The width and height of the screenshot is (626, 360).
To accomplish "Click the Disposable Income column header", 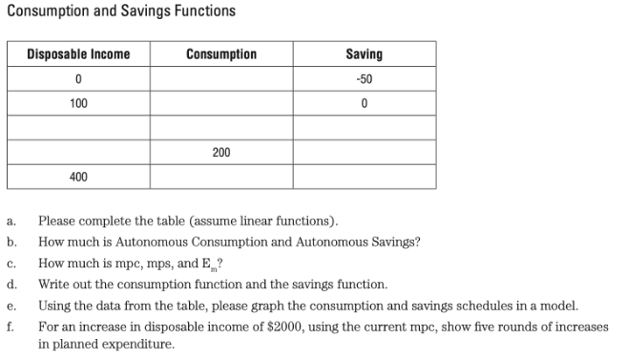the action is [77, 53].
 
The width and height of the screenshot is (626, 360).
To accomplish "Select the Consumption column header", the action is [221, 53].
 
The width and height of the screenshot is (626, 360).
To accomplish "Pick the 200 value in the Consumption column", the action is [221, 153].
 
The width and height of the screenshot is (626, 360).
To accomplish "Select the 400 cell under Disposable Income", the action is [78, 178].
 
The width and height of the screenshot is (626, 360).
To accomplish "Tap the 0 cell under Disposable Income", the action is [78, 78].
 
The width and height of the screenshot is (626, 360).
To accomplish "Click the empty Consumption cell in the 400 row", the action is [221, 178].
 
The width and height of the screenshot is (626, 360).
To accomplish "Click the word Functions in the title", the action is [199, 11].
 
